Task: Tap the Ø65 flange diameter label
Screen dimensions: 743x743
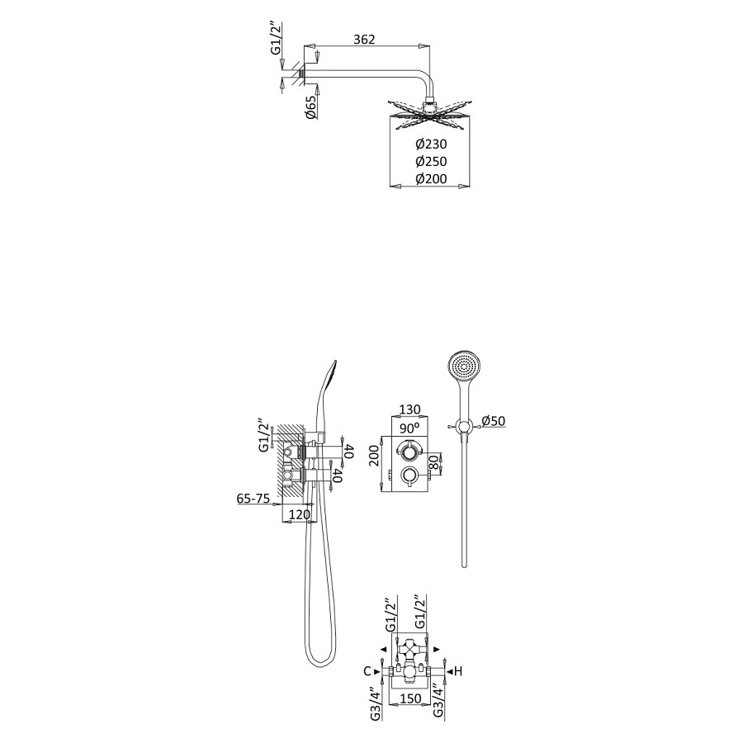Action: coord(311,108)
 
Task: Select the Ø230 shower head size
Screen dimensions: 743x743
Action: coord(431,144)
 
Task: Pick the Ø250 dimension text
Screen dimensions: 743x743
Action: coord(431,161)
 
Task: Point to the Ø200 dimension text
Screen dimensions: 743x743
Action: coord(431,178)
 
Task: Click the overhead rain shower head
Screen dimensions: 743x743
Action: coord(431,113)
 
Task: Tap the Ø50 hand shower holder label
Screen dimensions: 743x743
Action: coord(492,421)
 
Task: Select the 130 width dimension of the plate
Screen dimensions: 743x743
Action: coord(410,409)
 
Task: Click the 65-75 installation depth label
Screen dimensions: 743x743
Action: coord(253,499)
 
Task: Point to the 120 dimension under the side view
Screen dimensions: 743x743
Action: coord(301,514)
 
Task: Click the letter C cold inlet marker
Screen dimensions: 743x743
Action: coord(367,671)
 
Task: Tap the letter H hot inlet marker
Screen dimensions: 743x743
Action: coord(459,671)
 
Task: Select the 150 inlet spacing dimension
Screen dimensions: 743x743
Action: coord(411,698)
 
